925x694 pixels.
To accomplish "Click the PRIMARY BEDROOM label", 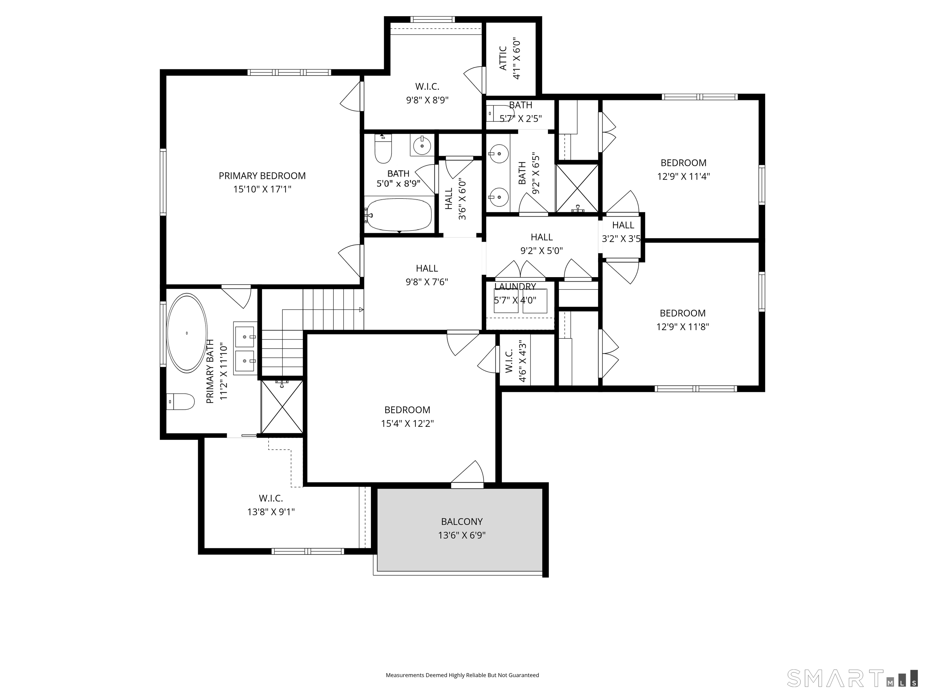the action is tap(262, 176).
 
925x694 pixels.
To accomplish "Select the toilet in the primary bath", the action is tap(181, 402).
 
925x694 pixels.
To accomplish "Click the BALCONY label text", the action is tap(462, 522).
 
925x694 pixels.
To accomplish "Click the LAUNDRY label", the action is tap(515, 286).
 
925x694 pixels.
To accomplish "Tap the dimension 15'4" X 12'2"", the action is tap(407, 423).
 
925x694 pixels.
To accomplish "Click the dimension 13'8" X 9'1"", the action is tap(271, 511).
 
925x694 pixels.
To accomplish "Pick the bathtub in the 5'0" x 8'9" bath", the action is tap(399, 214).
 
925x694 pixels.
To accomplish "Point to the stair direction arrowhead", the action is tap(361, 310).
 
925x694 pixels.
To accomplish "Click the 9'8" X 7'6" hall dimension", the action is tap(427, 282).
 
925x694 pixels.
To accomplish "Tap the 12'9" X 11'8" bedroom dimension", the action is tap(683, 327).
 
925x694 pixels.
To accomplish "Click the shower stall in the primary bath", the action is tap(282, 407).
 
